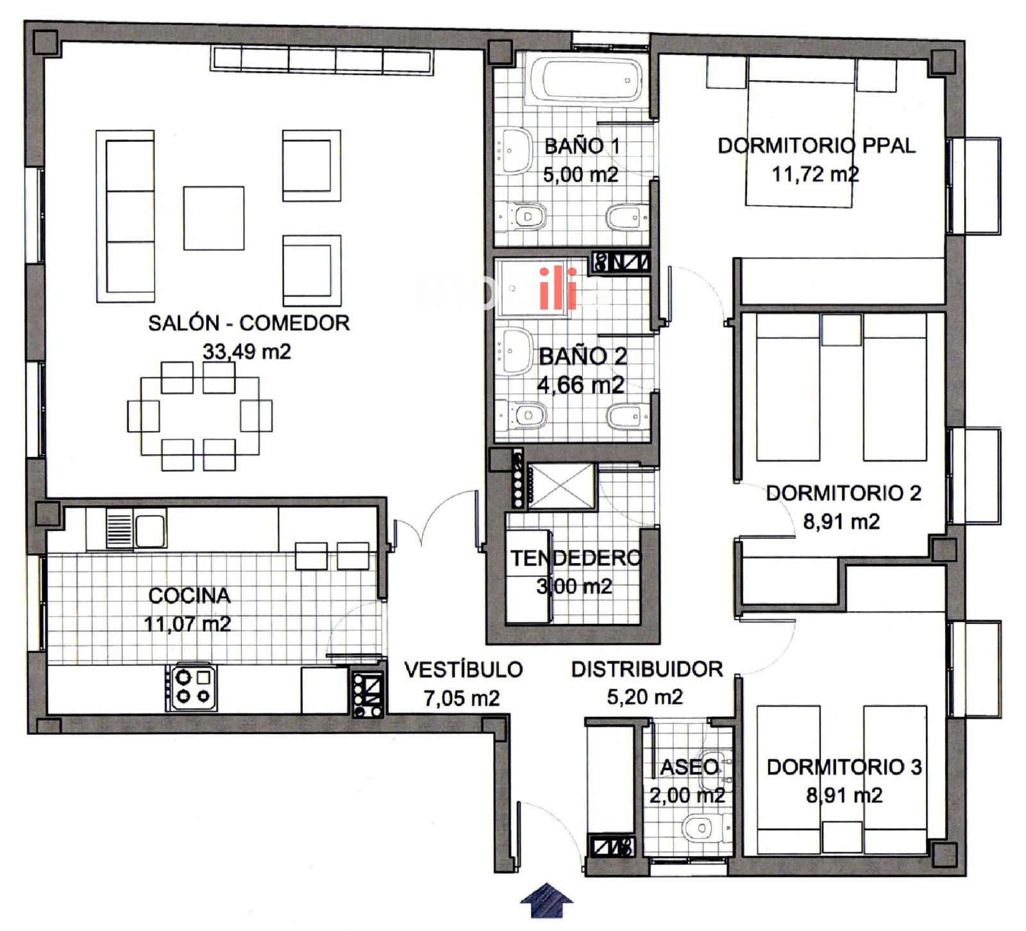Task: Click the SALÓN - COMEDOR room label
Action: [249, 323]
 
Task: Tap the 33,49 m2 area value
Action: [247, 351]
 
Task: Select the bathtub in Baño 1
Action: [584, 80]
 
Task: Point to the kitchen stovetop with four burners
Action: [192, 686]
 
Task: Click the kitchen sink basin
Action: [149, 531]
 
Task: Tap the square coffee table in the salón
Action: [214, 218]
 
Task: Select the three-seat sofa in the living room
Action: [126, 216]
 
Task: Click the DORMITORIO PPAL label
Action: [816, 146]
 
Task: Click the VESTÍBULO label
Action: [463, 669]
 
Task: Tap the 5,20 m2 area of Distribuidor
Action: [644, 697]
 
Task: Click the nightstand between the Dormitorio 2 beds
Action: [841, 330]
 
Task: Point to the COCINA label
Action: [189, 596]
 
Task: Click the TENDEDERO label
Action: [575, 558]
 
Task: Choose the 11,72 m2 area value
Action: [814, 174]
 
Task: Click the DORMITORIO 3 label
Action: [844, 767]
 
